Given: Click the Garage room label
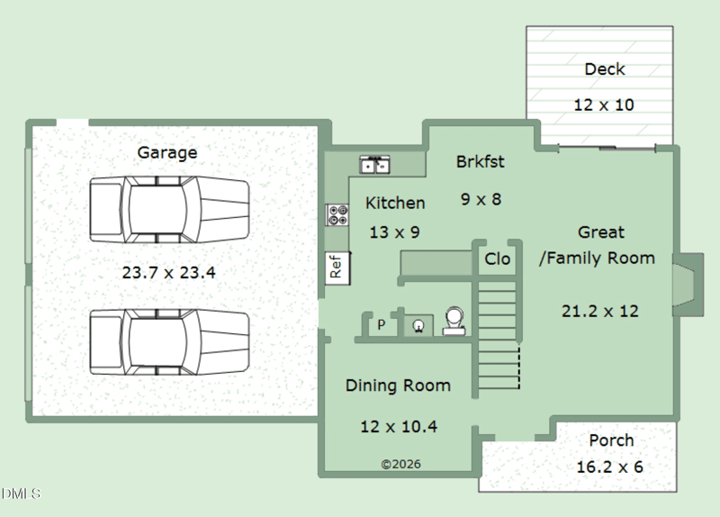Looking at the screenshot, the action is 167,152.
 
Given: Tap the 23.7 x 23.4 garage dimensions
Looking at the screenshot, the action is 168,273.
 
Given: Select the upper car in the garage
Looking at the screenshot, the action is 169,209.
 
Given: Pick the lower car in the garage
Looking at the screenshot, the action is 169,342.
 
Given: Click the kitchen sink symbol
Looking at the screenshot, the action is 374,165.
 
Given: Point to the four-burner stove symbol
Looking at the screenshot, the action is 337,215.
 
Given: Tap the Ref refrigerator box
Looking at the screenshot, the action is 337,268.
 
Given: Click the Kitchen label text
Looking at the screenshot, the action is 395,204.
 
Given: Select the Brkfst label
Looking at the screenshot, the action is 480,162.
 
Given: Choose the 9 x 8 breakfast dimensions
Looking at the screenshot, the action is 481,199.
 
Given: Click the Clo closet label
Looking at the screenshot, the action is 498,259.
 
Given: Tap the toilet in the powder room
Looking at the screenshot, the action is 454,322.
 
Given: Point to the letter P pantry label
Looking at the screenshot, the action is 381,324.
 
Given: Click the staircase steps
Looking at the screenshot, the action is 499,334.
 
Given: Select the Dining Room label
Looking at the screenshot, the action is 398,385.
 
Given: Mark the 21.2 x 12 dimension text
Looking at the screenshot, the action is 599,312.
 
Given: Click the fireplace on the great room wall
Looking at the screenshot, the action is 688,285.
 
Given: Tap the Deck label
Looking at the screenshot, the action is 605,69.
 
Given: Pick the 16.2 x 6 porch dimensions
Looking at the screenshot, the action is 609,467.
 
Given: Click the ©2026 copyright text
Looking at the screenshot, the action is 400,464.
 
